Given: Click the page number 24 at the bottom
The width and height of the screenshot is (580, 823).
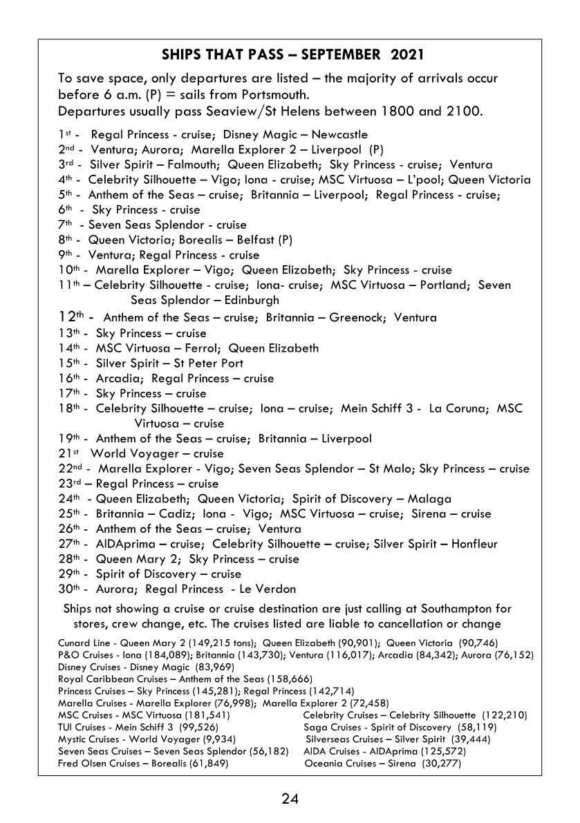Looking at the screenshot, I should point(290,800).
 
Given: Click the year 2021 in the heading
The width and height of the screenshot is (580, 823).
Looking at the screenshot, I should point(407,55).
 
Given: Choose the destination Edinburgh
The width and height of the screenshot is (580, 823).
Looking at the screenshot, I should point(243,301).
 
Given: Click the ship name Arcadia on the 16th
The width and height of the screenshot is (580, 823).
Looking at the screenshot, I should point(118,379).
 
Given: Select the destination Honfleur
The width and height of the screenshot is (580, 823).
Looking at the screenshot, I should point(474,545).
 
